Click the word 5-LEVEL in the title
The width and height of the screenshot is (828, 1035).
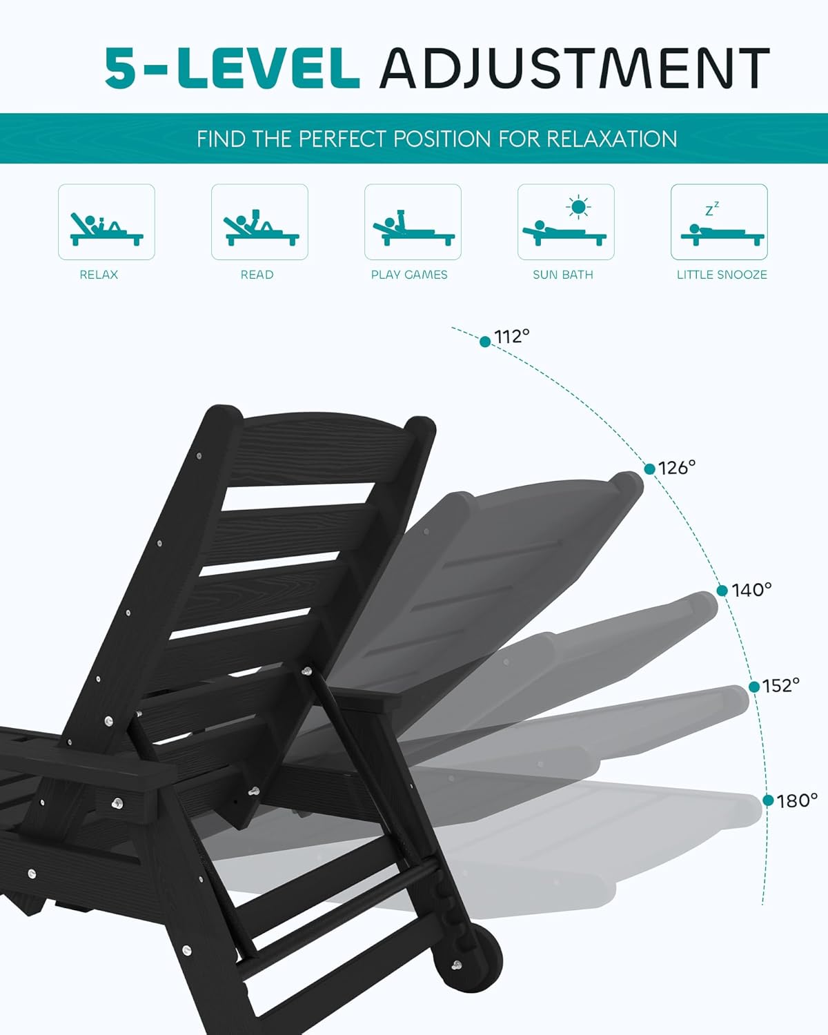tap(232, 68)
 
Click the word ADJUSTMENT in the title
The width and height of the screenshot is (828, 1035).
tap(575, 68)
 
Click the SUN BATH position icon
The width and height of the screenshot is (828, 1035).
tap(566, 221)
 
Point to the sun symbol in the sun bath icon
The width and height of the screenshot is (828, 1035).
tap(578, 207)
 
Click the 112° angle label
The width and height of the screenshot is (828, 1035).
tap(512, 336)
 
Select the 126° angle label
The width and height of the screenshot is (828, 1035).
tap(677, 468)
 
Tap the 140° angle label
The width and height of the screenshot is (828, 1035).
tap(751, 590)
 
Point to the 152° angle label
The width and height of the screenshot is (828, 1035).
tap(780, 685)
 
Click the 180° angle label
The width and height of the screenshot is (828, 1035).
tap(797, 801)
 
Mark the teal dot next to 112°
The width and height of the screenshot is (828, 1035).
tap(485, 342)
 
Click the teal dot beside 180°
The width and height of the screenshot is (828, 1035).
tap(769, 800)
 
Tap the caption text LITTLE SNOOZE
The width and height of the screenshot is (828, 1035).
tap(722, 275)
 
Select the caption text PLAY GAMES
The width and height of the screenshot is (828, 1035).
tap(409, 275)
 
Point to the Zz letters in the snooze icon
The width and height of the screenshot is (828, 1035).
tap(712, 209)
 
